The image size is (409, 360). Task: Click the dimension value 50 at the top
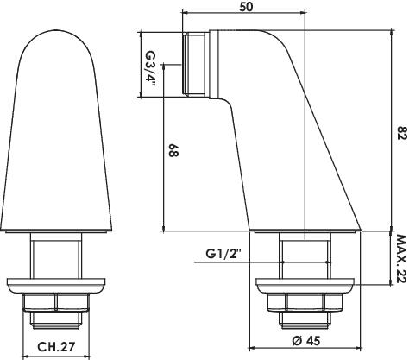click(246, 6)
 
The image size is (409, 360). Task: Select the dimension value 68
click(173, 150)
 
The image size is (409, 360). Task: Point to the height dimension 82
click(402, 133)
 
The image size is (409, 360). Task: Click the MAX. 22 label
click(401, 259)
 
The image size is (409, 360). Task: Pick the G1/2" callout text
click(223, 254)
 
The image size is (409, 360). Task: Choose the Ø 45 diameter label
click(305, 341)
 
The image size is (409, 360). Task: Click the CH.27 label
click(56, 346)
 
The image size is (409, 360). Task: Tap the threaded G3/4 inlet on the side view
click(196, 65)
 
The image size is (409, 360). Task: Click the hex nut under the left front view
click(56, 302)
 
